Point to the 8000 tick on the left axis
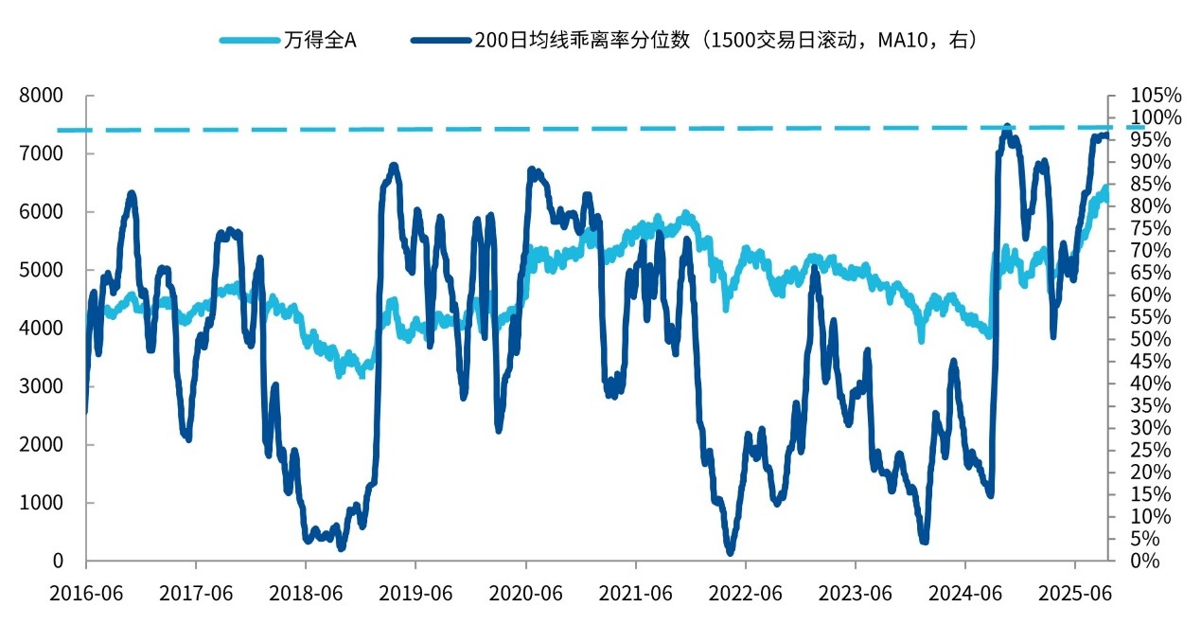pyautogui.click(x=44, y=96)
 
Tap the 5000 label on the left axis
pyautogui.click(x=44, y=270)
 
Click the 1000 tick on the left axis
pyautogui.click(x=44, y=503)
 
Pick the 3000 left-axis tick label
pyautogui.click(x=44, y=386)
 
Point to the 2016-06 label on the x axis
pyautogui.click(x=86, y=595)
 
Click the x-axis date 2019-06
pyautogui.click(x=415, y=595)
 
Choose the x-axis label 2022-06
pyautogui.click(x=746, y=595)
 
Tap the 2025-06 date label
pyautogui.click(x=1075, y=595)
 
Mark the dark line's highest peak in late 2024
pyautogui.click(x=1007, y=127)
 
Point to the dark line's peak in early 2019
pyautogui.click(x=393, y=167)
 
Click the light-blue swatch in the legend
pyautogui.click(x=249, y=40)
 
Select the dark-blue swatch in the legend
pyautogui.click(x=439, y=40)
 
